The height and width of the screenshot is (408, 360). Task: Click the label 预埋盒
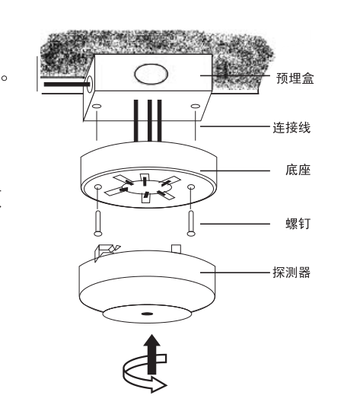[295, 78]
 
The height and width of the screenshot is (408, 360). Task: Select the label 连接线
[292, 128]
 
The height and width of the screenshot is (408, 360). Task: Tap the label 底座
[298, 171]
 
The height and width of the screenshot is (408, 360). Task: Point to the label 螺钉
[298, 224]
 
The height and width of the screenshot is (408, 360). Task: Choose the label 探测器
[292, 273]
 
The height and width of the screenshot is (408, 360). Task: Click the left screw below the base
[98, 224]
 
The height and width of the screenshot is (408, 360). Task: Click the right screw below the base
[191, 224]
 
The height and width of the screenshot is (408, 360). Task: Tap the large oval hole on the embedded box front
[151, 74]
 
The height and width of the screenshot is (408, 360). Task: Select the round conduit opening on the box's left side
[89, 84]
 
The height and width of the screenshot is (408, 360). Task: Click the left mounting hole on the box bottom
[97, 106]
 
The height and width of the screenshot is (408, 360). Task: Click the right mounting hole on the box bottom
[196, 106]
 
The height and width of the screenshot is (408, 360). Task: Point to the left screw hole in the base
[98, 186]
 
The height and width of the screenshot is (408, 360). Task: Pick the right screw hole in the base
[191, 186]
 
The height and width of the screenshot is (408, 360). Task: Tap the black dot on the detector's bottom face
[147, 314]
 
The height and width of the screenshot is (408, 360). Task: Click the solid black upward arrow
[152, 355]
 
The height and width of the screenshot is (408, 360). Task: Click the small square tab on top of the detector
[176, 248]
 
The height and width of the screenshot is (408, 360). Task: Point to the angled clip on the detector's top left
[106, 252]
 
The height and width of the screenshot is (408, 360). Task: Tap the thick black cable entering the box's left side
[67, 84]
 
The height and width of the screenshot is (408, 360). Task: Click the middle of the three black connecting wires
[150, 121]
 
